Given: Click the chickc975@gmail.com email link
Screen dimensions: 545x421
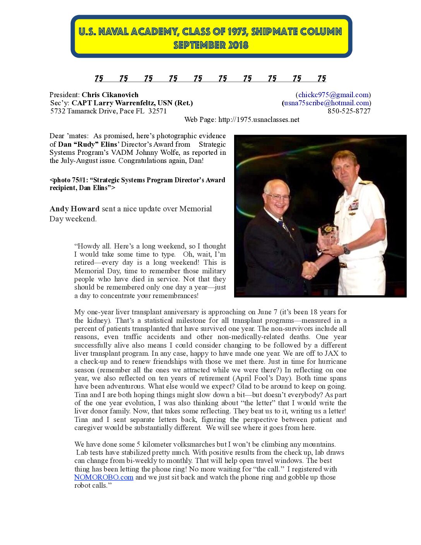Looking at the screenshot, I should tap(333, 95).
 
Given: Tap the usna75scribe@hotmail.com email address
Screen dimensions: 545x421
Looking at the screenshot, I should tap(326, 103).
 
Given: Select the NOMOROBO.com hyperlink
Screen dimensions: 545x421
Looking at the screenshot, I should tap(104, 477).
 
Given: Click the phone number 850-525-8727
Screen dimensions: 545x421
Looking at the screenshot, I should tap(349, 111).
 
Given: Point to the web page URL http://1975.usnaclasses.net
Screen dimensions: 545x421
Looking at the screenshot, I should tap(258, 120).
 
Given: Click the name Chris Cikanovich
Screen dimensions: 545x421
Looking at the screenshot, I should tap(110, 95).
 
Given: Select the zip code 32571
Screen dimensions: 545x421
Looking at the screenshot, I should tap(157, 111).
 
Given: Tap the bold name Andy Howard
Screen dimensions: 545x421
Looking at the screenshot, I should tap(75, 209).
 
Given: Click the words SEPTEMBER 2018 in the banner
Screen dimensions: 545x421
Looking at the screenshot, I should tap(211, 45).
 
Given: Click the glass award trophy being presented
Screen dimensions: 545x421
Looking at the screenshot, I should tap(329, 235).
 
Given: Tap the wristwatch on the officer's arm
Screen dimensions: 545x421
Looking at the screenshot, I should tap(346, 250).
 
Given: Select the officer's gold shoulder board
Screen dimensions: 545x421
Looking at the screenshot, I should tap(365, 182).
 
